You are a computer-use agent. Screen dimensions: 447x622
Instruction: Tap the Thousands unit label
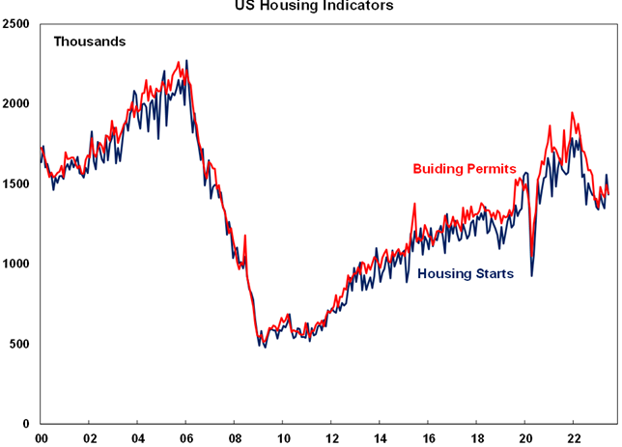pyautogui.click(x=90, y=42)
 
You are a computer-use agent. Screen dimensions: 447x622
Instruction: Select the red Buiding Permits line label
pyautogui.click(x=465, y=169)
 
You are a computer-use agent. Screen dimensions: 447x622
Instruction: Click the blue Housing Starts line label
pyautogui.click(x=466, y=274)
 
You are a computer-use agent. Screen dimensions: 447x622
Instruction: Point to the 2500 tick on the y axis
pyautogui.click(x=16, y=23)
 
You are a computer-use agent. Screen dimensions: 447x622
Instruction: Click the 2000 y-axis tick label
pyautogui.click(x=16, y=103)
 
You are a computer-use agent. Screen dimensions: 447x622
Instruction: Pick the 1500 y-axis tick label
pyautogui.click(x=16, y=183)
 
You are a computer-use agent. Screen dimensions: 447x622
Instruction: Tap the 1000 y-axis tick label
pyautogui.click(x=16, y=264)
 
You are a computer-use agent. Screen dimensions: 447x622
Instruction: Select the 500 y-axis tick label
pyautogui.click(x=19, y=344)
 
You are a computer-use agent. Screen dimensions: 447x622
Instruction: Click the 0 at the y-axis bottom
pyautogui.click(x=27, y=424)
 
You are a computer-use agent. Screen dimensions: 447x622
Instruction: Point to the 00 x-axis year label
pyautogui.click(x=41, y=437)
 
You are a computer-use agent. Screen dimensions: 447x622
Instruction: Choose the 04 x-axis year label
pyautogui.click(x=137, y=437)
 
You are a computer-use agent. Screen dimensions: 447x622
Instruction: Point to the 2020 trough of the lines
pyautogui.click(x=531, y=274)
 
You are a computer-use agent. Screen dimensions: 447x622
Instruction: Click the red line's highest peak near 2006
pyautogui.click(x=179, y=63)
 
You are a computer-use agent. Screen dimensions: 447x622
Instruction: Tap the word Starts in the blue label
pyautogui.click(x=493, y=274)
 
